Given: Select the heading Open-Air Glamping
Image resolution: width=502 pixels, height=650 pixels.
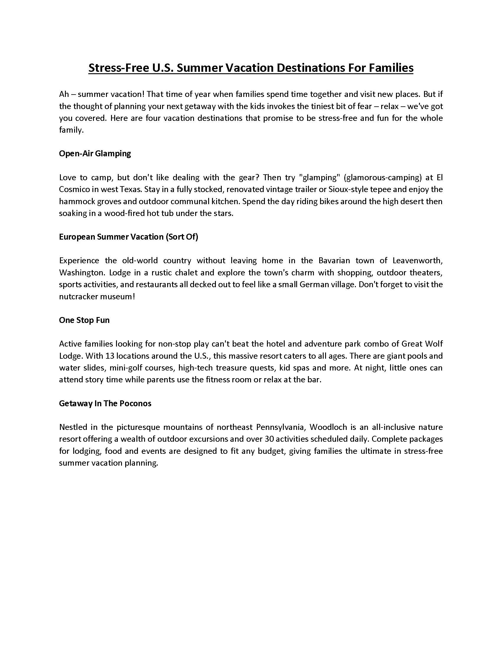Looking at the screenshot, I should pyautogui.click(x=95, y=154).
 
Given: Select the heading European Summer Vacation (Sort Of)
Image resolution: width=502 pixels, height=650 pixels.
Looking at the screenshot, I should pyautogui.click(x=128, y=237).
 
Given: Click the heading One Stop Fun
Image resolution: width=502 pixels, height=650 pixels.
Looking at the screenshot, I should pyautogui.click(x=84, y=320).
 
